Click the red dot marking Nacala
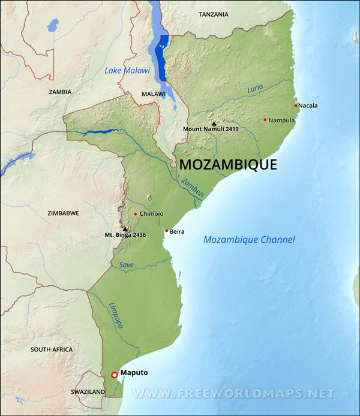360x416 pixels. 296,105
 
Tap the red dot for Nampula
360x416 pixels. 265,119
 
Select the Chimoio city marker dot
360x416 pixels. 136,214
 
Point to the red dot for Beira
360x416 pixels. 166,231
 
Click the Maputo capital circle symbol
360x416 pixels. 114,375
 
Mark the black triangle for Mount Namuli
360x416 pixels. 214,123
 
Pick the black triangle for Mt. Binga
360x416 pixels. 125,229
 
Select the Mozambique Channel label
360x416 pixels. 249,240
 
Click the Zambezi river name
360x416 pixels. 193,186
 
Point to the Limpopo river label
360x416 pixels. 116,315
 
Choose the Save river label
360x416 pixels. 127,264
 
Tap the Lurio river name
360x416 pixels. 256,88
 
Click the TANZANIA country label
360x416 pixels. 214,13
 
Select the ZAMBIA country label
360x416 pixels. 60,92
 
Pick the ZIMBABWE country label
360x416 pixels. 64,213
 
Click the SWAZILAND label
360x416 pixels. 88,391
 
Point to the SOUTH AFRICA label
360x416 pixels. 52,349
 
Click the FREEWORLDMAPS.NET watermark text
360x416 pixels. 233,394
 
